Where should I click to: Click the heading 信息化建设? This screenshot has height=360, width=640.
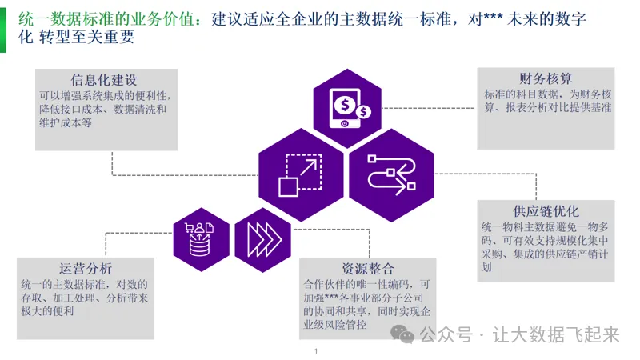click(x=104, y=80)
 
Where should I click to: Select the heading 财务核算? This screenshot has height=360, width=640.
click(x=546, y=78)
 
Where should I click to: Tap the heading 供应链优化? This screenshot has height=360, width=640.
click(x=546, y=211)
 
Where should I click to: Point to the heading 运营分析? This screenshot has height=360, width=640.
click(x=86, y=268)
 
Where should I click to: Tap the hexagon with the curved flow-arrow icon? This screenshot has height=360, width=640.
click(x=391, y=170)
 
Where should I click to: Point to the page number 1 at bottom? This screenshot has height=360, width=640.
click(x=317, y=351)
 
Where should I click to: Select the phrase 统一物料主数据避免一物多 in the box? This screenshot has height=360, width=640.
click(x=546, y=228)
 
